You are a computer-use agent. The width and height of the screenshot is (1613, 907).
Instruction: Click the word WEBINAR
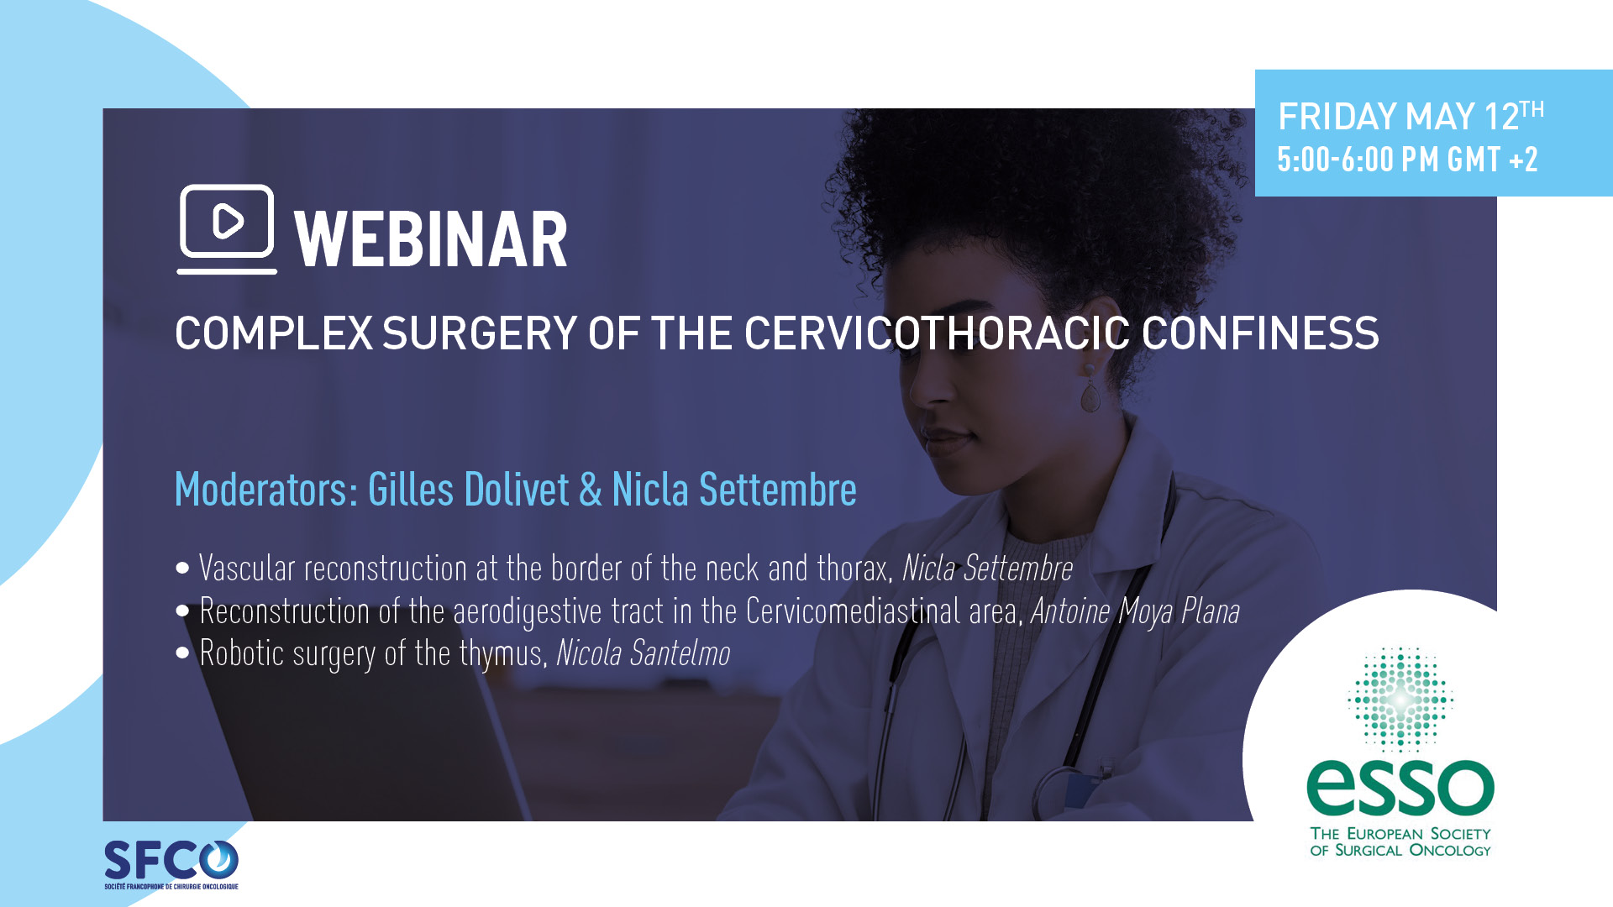pyautogui.click(x=431, y=240)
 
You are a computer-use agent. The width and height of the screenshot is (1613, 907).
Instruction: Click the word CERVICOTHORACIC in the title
pyautogui.click(x=937, y=333)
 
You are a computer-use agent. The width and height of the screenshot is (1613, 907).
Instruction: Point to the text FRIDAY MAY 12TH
pyautogui.click(x=1411, y=116)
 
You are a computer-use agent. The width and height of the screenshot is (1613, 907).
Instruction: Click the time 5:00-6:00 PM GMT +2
pyautogui.click(x=1408, y=160)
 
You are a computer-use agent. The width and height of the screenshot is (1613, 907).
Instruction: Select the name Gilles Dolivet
pyautogui.click(x=469, y=489)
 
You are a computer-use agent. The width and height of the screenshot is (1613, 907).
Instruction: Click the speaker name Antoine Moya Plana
pyautogui.click(x=1135, y=611)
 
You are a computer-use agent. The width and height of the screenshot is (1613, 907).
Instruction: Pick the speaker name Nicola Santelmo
pyautogui.click(x=644, y=653)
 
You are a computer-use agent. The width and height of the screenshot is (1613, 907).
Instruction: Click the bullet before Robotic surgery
pyautogui.click(x=183, y=653)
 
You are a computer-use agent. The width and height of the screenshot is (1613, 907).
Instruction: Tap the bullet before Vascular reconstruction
pyautogui.click(x=183, y=569)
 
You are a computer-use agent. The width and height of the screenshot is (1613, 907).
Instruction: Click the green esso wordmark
pyautogui.click(x=1400, y=788)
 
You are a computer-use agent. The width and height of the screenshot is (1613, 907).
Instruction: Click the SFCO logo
pyautogui.click(x=171, y=864)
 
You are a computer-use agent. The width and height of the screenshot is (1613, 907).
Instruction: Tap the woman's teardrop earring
pyautogui.click(x=1090, y=390)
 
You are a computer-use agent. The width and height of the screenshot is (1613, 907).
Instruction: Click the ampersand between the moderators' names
pyautogui.click(x=591, y=490)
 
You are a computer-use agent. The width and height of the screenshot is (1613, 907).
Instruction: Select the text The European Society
pyautogui.click(x=1400, y=833)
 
